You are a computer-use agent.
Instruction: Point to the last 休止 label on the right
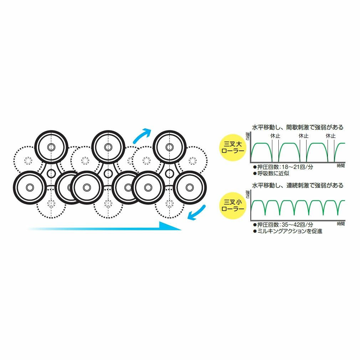(x=330, y=136)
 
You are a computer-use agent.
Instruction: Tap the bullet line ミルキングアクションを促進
(x=287, y=231)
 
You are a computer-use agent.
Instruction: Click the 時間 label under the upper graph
(x=341, y=166)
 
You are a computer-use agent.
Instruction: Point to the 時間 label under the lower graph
(x=341, y=223)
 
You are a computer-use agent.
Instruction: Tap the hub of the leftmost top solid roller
(x=51, y=147)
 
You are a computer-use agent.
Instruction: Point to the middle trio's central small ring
(x=108, y=174)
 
